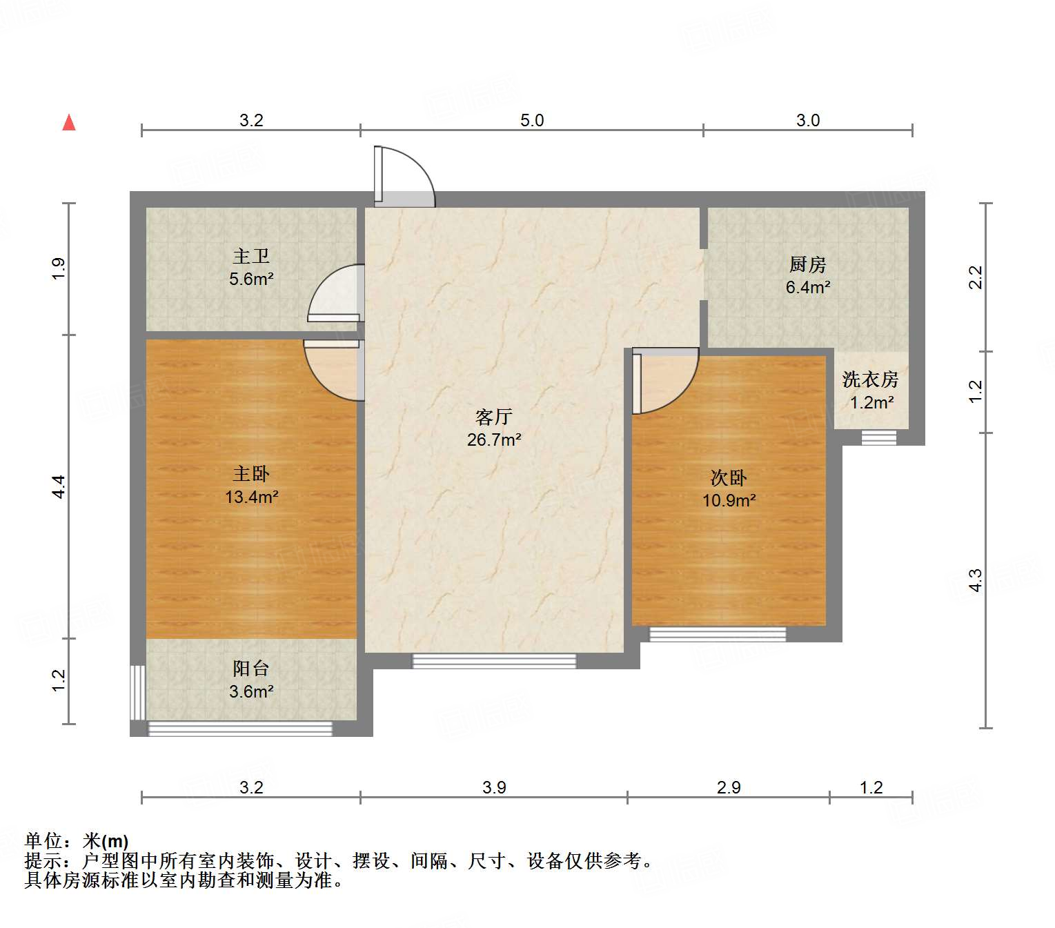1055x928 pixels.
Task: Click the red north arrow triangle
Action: [x=69, y=122]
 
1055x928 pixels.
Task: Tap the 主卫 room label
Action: [x=251, y=257]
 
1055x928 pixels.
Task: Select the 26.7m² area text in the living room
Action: [x=493, y=440]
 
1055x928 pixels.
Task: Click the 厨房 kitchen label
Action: [x=807, y=264]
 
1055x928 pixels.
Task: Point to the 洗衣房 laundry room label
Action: [x=870, y=379]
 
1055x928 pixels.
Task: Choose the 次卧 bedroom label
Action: [x=729, y=477]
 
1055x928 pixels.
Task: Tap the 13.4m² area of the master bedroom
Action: [x=251, y=497]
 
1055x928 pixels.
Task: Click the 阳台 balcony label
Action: [x=251, y=668]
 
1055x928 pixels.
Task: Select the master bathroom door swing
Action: [x=335, y=293]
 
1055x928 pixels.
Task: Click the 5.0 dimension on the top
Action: [x=532, y=121]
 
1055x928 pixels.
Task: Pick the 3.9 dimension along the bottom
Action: [x=494, y=787]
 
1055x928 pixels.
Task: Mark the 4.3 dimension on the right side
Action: [x=975, y=580]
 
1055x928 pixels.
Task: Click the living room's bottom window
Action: [x=494, y=661]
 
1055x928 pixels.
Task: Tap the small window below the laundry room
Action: [x=878, y=438]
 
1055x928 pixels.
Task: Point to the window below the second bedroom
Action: [x=718, y=634]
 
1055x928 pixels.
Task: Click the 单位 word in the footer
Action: [x=43, y=841]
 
